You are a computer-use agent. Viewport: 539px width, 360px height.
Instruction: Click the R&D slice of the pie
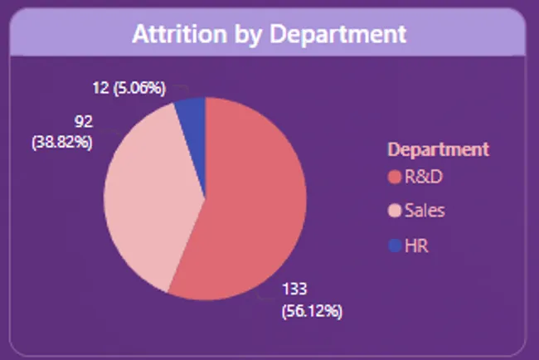249,207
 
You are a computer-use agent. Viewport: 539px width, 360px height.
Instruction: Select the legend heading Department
438,150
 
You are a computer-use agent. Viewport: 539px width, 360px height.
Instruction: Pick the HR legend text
416,246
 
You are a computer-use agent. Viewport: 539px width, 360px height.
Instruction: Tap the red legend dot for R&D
394,177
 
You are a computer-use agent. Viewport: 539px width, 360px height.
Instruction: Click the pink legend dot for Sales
394,211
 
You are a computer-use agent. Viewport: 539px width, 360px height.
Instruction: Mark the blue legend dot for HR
394,246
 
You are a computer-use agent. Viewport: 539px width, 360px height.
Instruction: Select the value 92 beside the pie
83,123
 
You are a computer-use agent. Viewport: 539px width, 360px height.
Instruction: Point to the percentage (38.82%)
62,142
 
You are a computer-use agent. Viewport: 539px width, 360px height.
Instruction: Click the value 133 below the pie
294,289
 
